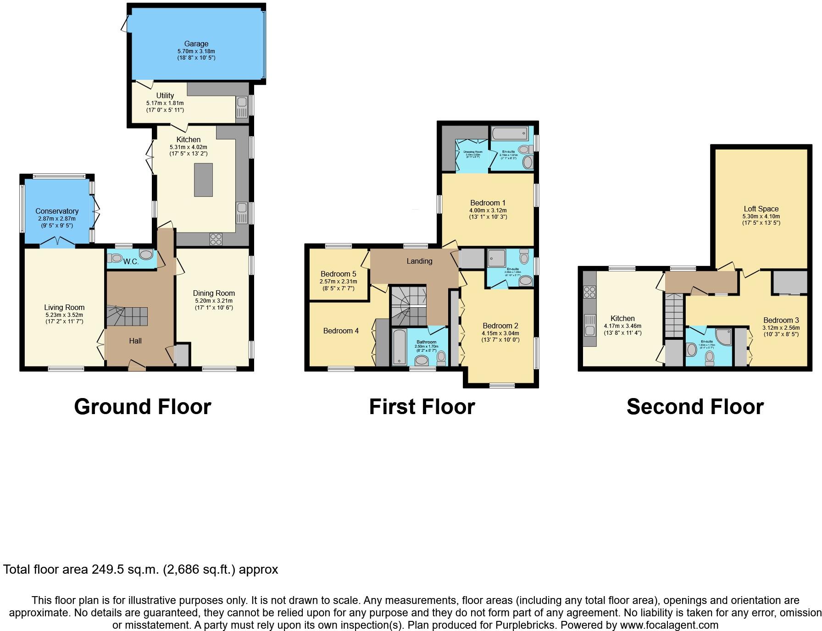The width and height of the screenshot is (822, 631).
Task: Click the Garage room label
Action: click(196, 44)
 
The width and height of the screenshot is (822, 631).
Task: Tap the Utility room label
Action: click(165, 95)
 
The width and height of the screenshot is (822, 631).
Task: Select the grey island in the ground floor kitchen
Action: click(203, 180)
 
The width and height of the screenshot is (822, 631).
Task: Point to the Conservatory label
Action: click(57, 211)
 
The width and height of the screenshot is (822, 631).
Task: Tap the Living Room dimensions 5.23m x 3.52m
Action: click(65, 315)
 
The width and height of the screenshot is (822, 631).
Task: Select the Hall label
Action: click(135, 341)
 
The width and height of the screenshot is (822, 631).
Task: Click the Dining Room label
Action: click(214, 293)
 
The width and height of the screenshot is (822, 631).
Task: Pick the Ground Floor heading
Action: click(143, 407)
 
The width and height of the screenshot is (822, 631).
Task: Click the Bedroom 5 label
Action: click(338, 274)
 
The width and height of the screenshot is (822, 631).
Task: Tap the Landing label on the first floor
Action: click(419, 261)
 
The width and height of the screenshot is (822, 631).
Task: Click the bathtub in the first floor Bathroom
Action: click(400, 346)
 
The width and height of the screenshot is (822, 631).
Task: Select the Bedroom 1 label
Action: click(488, 203)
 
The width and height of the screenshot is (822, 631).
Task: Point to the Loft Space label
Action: click(761, 209)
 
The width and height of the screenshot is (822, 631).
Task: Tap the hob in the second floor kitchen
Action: click(589, 292)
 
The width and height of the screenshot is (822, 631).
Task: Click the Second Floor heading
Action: click(695, 407)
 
